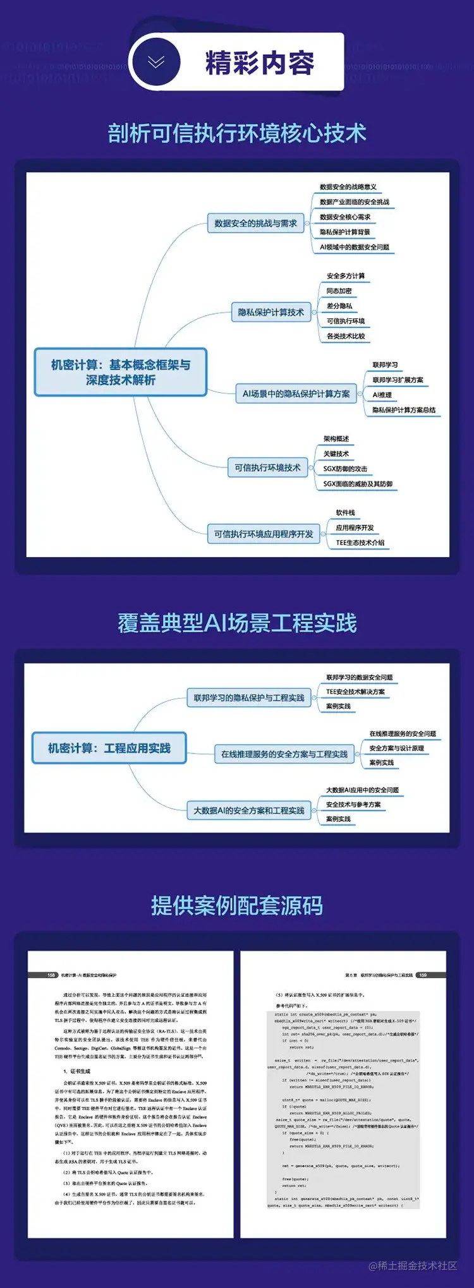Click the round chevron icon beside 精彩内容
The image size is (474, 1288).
(155, 62)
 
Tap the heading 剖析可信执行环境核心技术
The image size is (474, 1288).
(237, 133)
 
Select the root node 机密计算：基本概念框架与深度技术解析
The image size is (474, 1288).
(121, 372)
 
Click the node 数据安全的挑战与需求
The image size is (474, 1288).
(255, 223)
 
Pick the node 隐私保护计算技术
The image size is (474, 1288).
(270, 312)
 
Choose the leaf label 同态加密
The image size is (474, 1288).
(339, 291)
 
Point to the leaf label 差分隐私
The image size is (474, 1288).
(339, 306)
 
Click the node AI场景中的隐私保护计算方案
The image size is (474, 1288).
(296, 394)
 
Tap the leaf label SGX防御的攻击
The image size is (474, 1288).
(345, 469)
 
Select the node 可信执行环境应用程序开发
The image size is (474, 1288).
(264, 534)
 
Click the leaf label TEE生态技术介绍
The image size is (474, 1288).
(360, 543)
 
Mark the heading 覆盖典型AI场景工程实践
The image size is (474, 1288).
(237, 623)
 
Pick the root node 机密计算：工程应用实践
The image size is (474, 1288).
(109, 749)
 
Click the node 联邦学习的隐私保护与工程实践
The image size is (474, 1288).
(249, 698)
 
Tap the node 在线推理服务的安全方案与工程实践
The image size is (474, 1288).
(284, 754)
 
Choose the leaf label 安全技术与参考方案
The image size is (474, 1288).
(353, 805)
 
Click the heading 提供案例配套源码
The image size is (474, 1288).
(237, 905)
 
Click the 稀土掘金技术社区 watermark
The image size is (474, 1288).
(413, 1265)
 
